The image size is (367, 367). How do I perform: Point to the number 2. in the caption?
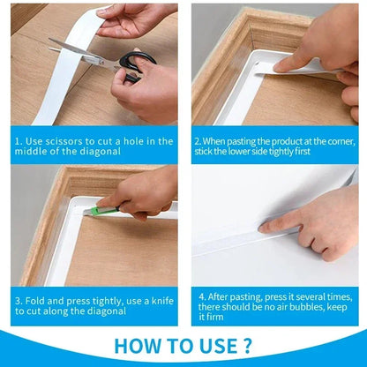point(198,140)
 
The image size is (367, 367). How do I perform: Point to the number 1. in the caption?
point(19,140)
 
